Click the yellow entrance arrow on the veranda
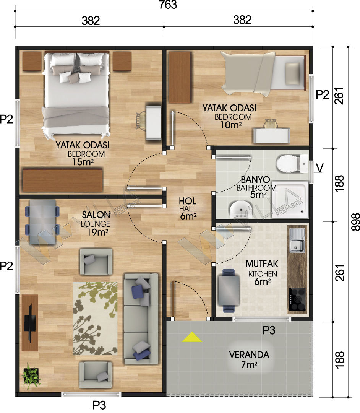(192, 337)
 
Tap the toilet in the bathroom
(292, 164)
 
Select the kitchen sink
(297, 240)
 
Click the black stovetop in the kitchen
(297, 299)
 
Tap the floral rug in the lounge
(95, 319)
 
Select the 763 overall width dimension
(168, 5)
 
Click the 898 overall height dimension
(355, 222)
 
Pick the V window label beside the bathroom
(319, 168)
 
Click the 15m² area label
(83, 162)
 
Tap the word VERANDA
(249, 355)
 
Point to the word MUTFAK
(262, 263)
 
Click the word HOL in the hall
(188, 201)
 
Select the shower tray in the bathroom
(290, 199)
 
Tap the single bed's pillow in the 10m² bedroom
(292, 73)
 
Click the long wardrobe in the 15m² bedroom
(63, 180)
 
